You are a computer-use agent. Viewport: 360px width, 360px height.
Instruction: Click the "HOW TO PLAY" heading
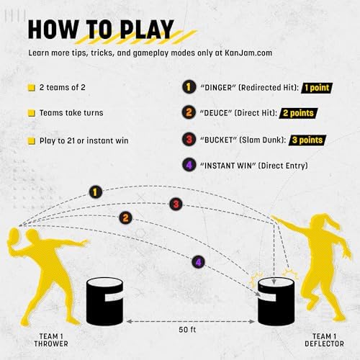[101, 29]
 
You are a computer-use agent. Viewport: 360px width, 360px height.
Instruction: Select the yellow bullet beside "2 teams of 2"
[32, 88]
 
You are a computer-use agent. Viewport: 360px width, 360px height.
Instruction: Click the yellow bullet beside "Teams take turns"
[32, 114]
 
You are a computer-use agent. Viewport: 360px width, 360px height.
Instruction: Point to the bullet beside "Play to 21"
[32, 140]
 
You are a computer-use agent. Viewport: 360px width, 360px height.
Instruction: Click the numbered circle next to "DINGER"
[188, 88]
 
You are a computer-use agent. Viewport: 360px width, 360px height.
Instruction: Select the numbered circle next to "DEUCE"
[188, 114]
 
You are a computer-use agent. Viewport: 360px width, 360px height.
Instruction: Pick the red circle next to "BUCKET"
[188, 140]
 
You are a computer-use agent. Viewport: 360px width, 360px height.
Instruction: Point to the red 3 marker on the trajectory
[176, 204]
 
